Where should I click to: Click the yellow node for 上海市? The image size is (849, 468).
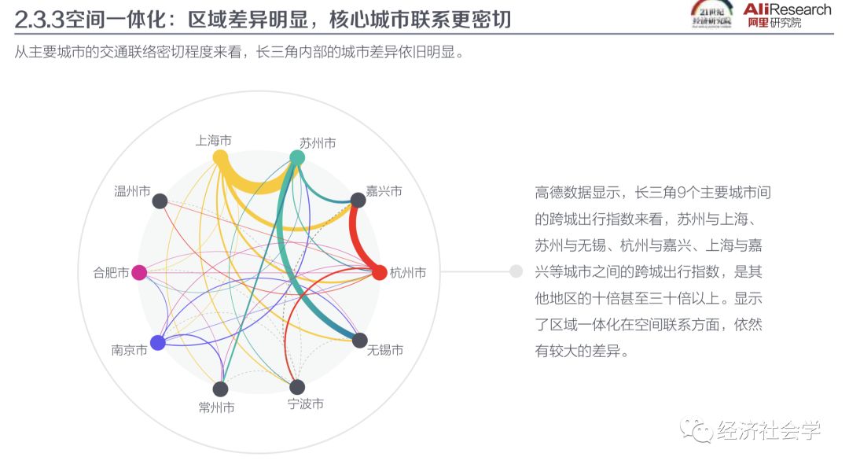pyautogui.click(x=220, y=157)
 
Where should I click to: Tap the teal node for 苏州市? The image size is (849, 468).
pyautogui.click(x=297, y=158)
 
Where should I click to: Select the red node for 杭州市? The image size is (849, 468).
pyautogui.click(x=379, y=272)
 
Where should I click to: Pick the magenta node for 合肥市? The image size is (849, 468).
pyautogui.click(x=139, y=272)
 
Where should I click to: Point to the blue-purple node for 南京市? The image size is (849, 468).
pyautogui.click(x=157, y=342)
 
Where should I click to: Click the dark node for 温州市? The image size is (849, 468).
pyautogui.click(x=160, y=201)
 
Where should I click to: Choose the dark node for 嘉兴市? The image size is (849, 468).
pyautogui.click(x=358, y=202)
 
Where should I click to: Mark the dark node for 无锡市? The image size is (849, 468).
pyautogui.click(x=359, y=341)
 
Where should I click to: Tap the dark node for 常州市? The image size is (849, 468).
pyautogui.click(x=220, y=389)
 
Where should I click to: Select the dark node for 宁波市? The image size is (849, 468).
pyautogui.click(x=297, y=387)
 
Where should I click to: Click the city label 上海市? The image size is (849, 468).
pyautogui.click(x=213, y=140)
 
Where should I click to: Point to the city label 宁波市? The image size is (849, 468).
pyautogui.click(x=305, y=404)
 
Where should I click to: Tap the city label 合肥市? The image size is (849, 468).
pyautogui.click(x=111, y=273)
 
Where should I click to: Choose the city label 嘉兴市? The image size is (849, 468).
pyautogui.click(x=384, y=191)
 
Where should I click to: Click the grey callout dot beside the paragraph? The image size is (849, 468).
pyautogui.click(x=516, y=271)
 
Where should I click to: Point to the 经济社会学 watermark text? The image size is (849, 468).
pyautogui.click(x=768, y=431)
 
